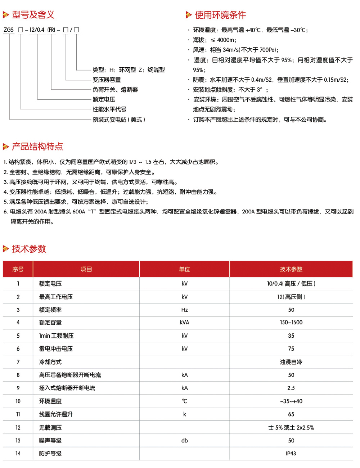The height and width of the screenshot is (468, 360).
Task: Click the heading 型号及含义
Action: tap(33, 15)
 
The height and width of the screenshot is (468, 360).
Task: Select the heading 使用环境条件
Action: tap(220, 15)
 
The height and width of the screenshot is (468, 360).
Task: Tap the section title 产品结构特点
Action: tap(37, 147)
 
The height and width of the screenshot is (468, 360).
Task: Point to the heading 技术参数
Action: tap(29, 249)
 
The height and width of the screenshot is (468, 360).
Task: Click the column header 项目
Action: tap(86, 269)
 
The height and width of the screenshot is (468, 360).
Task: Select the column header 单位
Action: tap(184, 269)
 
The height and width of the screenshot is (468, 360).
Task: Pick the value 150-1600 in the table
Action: tap(291, 323)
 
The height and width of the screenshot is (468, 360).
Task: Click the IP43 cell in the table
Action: tap(291, 454)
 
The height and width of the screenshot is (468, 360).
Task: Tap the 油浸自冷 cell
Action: tap(291, 362)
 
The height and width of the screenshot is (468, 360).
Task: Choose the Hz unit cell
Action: tap(184, 310)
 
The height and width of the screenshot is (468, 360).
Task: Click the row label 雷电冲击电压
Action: tap(56, 349)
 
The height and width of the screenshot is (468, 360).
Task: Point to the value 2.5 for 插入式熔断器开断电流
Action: tap(291, 388)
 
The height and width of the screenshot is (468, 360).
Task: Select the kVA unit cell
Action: tap(184, 323)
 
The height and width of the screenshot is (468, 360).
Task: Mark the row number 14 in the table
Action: tap(18, 454)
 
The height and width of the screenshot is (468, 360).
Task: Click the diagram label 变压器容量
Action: tap(107, 80)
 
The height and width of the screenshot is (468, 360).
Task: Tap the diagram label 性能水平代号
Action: tap(109, 109)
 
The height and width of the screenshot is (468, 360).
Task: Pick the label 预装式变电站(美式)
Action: tap(119, 120)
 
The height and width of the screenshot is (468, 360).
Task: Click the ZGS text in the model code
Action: tap(9, 30)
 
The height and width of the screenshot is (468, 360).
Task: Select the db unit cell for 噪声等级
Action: tap(184, 441)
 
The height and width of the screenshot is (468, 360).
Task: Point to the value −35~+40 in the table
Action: tap(291, 401)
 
